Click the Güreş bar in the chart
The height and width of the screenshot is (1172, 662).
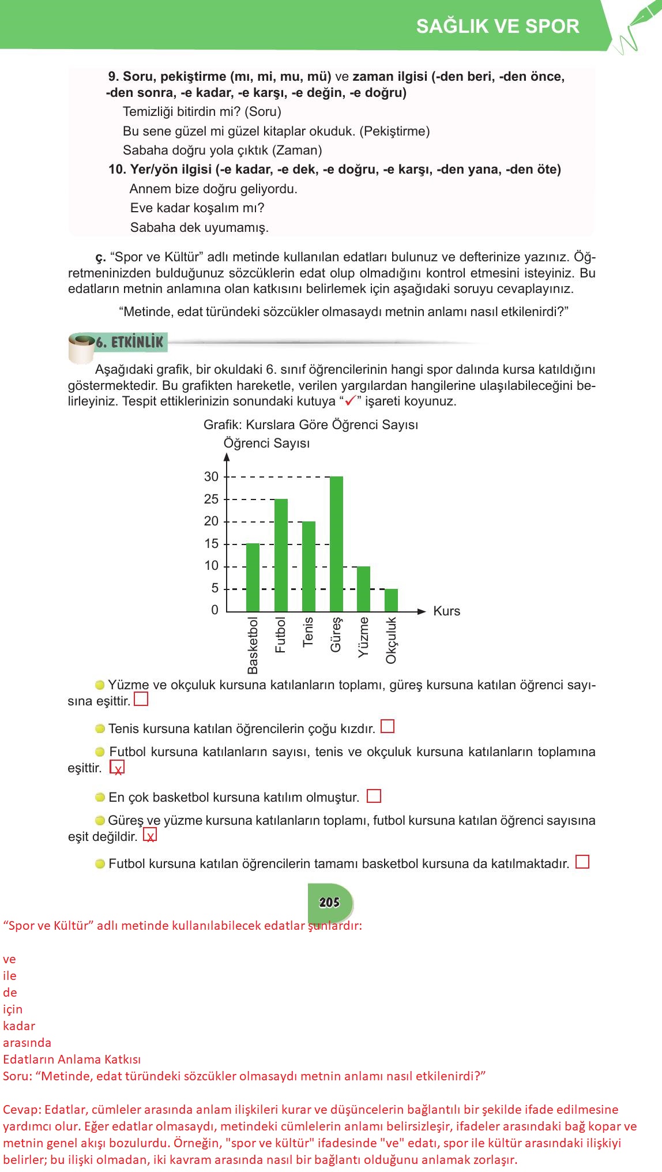(x=336, y=544)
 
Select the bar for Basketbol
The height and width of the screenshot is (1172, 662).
(x=253, y=577)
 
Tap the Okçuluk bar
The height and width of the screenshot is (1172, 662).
(x=391, y=600)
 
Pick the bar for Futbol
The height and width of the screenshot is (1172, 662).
(x=281, y=555)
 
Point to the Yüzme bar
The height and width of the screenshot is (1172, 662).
(x=363, y=589)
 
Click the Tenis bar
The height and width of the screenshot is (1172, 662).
(x=309, y=566)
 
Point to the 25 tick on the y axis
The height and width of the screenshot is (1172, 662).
(x=211, y=499)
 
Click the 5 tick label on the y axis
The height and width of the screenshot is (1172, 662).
(x=215, y=588)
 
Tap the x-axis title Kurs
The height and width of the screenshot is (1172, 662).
(x=446, y=611)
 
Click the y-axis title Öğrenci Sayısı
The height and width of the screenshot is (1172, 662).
(x=266, y=444)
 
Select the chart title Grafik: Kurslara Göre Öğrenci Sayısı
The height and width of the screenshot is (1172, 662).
(x=311, y=425)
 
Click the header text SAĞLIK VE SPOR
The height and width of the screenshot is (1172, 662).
(x=498, y=27)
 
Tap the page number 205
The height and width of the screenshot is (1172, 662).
(x=329, y=903)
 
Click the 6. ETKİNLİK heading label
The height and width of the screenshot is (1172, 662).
(x=130, y=343)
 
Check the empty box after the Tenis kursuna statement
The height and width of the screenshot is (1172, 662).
(x=388, y=726)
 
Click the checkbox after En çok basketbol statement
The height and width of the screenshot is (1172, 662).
(x=374, y=796)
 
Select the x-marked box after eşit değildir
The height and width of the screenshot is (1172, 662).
(x=150, y=835)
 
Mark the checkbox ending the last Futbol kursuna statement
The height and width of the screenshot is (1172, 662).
(x=582, y=862)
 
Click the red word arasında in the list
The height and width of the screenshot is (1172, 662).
(x=27, y=1042)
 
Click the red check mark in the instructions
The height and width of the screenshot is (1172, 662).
(x=349, y=401)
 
